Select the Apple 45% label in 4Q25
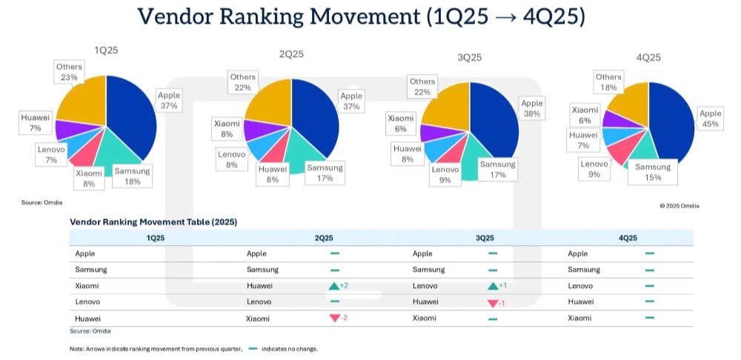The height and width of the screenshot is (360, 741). coord(710,119)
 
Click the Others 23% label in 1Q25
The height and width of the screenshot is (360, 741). coord(69,72)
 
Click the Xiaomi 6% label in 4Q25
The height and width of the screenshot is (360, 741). coord(585,114)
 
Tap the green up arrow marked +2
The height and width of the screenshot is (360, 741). coord(334,286)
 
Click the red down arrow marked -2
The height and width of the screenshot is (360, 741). coord(334,318)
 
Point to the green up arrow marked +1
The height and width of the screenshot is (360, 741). coord(493,286)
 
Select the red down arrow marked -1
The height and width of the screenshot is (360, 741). coord(493,302)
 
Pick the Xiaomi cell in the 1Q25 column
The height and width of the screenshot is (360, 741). coord(87,285)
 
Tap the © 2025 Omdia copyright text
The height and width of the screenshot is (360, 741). coord(679,205)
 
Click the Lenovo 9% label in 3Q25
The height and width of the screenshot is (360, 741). coord(445,175)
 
